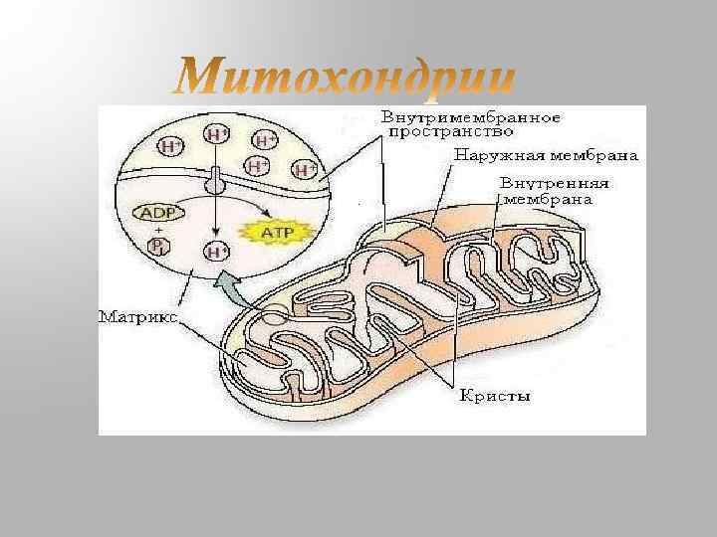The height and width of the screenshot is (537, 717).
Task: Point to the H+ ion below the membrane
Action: point(217,252)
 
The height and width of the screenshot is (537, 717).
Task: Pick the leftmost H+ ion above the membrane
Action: point(171,146)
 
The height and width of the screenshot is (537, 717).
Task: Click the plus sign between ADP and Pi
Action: point(156,230)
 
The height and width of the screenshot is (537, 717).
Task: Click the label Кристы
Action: point(495,397)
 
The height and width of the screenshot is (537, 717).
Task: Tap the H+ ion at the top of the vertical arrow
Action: point(216,134)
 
